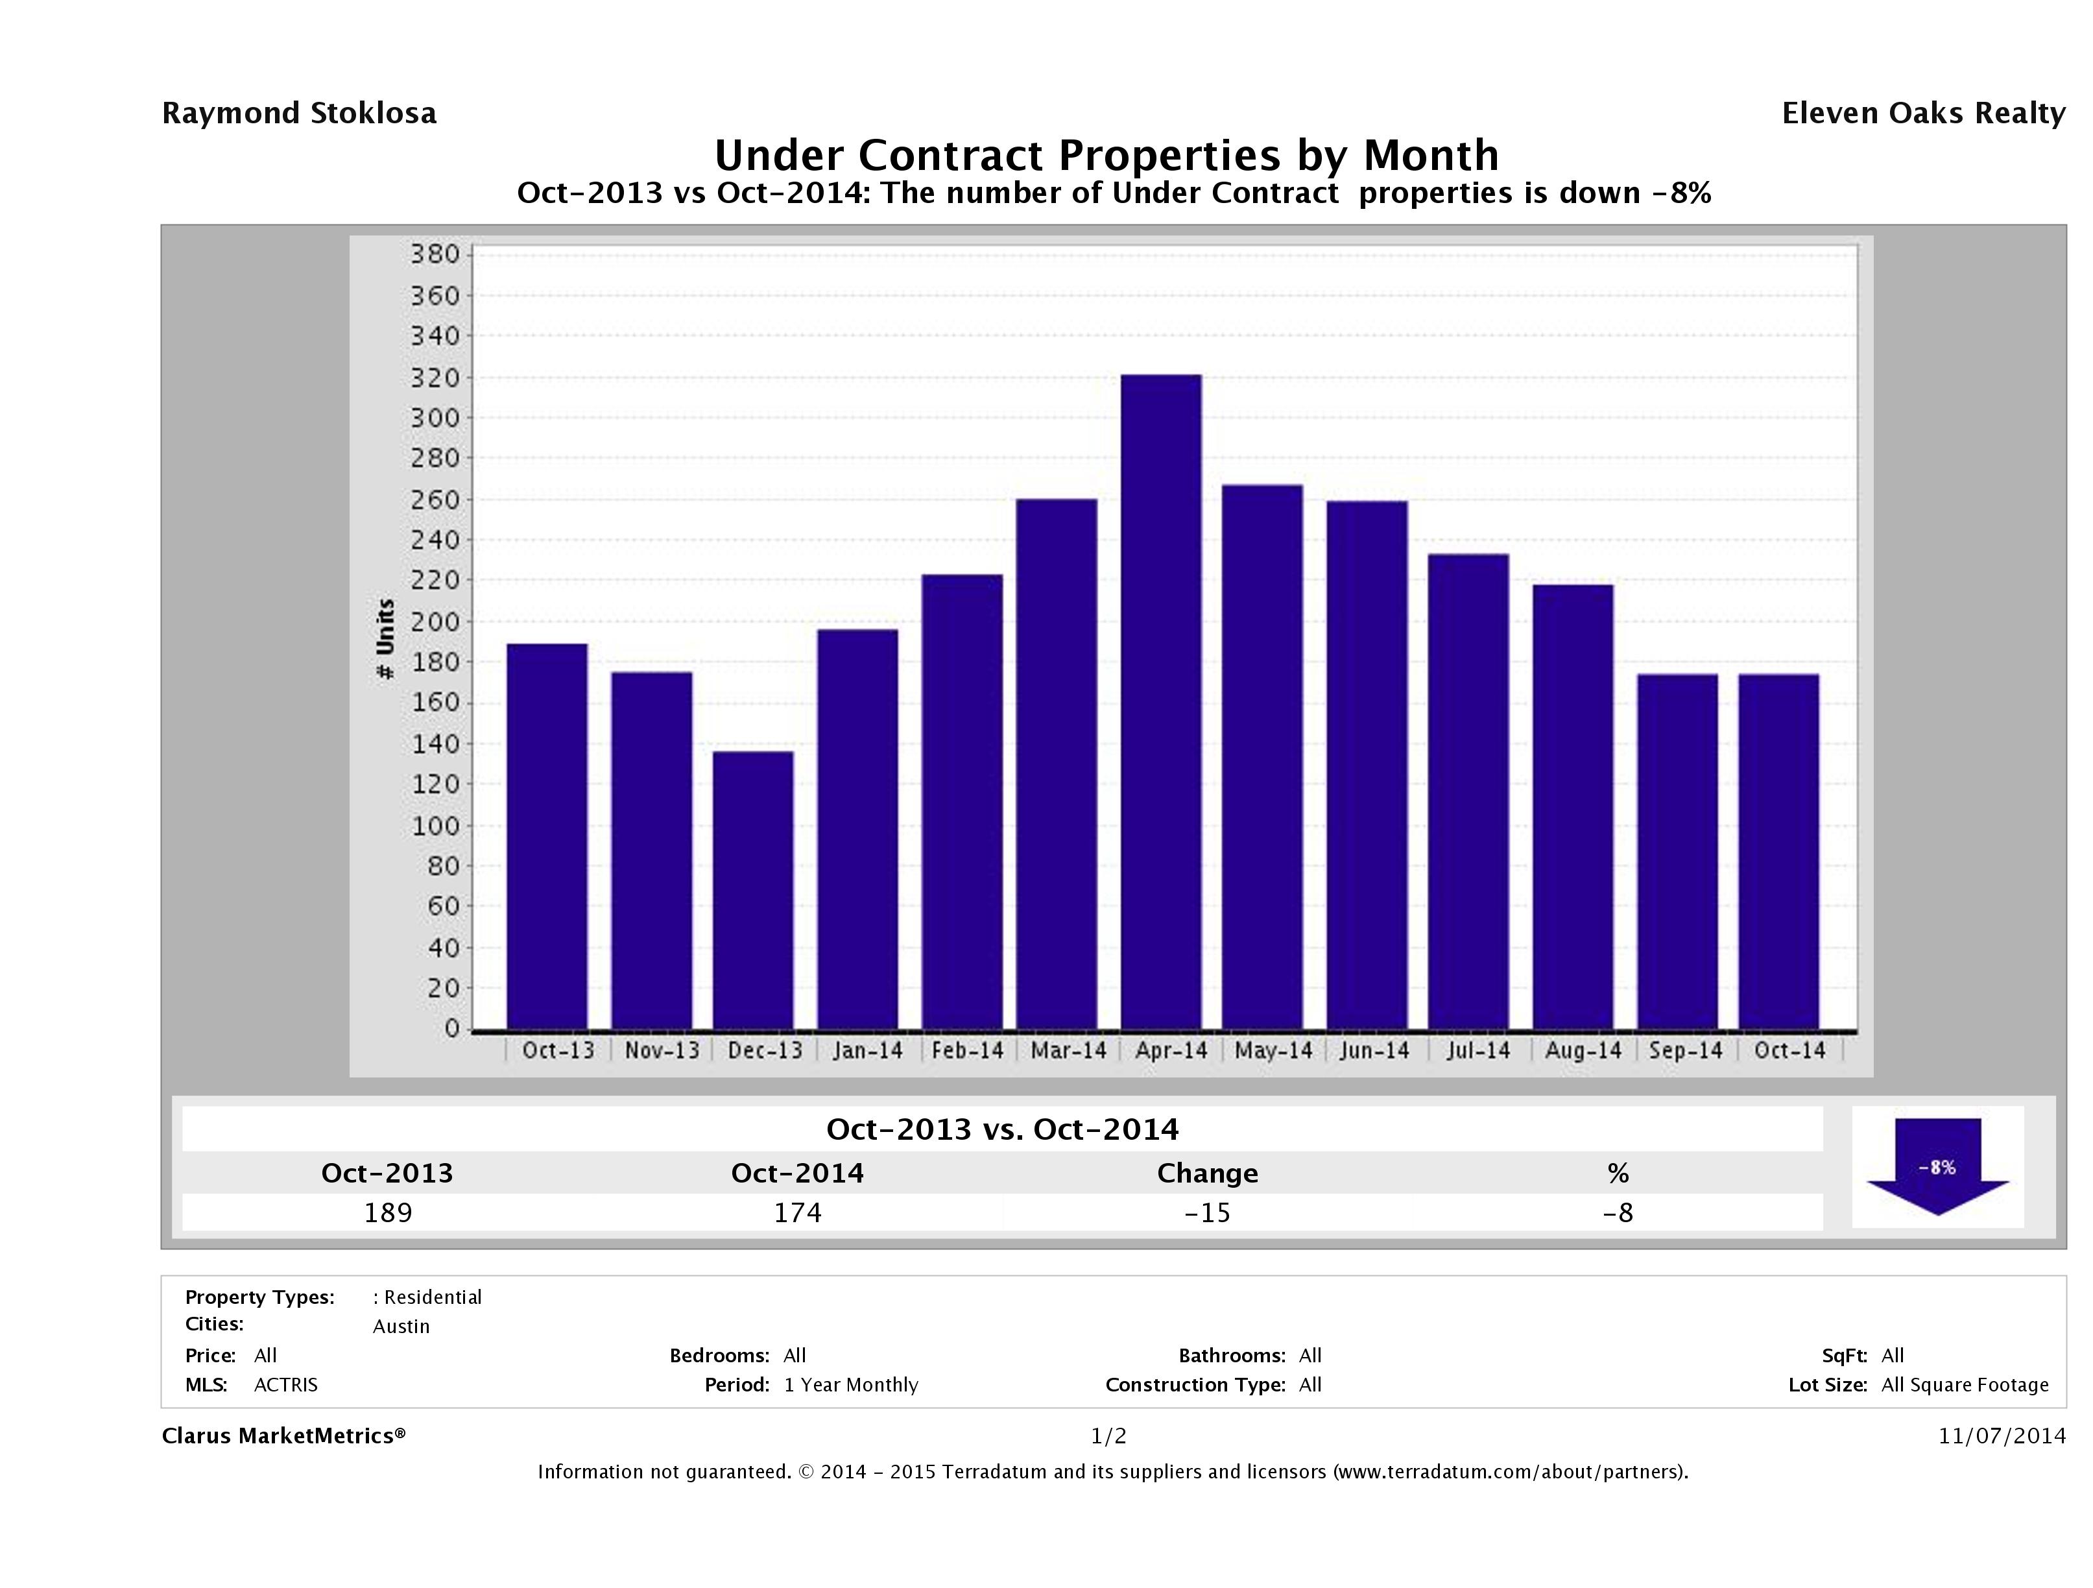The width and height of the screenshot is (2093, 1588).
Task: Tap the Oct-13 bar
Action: click(x=547, y=837)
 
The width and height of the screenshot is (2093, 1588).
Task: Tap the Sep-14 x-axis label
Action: click(x=1685, y=1050)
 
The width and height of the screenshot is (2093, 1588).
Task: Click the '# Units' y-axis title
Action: click(x=385, y=639)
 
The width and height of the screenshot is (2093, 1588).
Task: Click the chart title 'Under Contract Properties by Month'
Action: click(x=1106, y=155)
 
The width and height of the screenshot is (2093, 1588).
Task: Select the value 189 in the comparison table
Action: click(x=388, y=1212)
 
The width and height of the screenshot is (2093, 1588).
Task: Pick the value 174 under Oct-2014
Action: click(x=798, y=1212)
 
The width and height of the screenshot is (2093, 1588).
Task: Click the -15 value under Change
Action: click(x=1208, y=1212)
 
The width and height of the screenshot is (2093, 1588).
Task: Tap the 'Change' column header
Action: click(x=1208, y=1173)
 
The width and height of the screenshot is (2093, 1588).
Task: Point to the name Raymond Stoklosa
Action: click(x=299, y=114)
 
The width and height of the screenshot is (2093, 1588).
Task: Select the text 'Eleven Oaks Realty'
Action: click(x=1922, y=114)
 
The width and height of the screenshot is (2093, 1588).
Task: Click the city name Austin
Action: click(x=401, y=1327)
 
